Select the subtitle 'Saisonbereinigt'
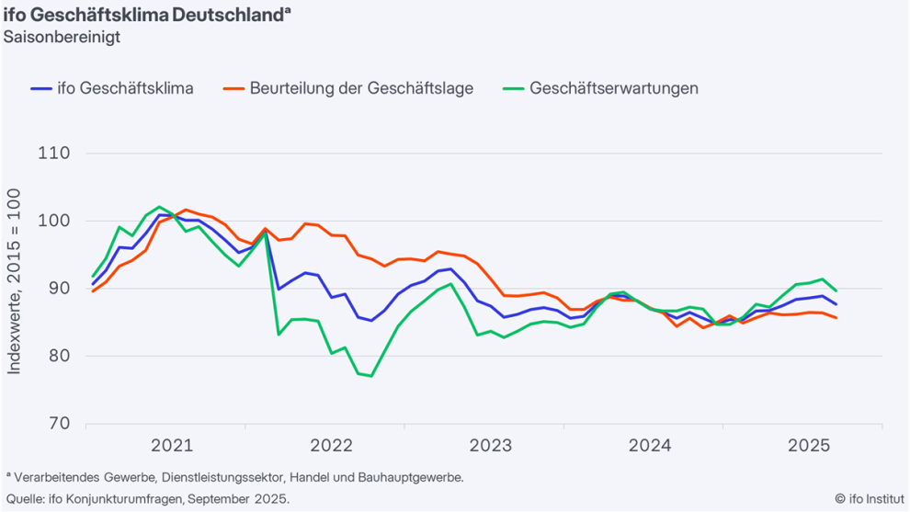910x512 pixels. point(62,38)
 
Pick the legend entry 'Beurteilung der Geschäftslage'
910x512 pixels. point(361,88)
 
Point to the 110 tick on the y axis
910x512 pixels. point(54,154)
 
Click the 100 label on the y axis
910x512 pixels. point(54,221)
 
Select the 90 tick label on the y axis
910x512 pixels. point(59,289)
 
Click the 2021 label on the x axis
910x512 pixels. point(172,446)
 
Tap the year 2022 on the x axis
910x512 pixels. point(331,446)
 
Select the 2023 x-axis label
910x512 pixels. point(491,446)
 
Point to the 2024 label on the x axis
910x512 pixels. point(650,446)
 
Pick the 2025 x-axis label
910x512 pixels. point(809,446)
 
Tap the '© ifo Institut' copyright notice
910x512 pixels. point(870,498)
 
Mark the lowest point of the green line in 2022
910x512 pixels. point(371,376)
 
